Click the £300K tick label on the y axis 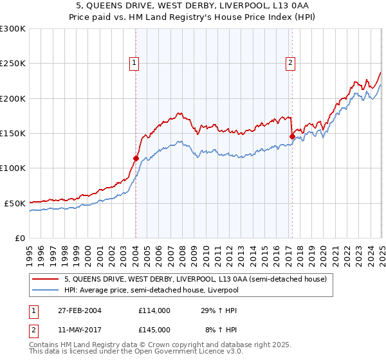[13, 29]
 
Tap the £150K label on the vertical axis [13, 133]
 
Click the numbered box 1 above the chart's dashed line [134, 62]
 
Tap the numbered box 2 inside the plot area [290, 62]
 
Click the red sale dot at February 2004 [136, 158]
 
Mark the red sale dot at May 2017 [292, 136]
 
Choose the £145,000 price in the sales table [154, 329]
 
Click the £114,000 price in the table [154, 310]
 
